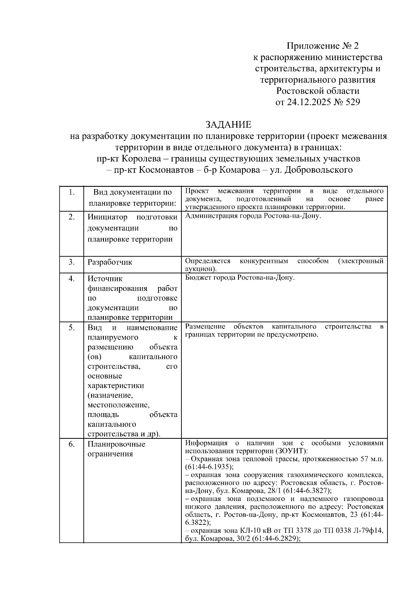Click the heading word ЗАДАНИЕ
pyautogui.click(x=228, y=125)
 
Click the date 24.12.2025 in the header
pyautogui.click(x=311, y=102)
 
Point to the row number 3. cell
pyautogui.click(x=72, y=262)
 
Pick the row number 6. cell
pyautogui.click(x=72, y=444)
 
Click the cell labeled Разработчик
pyautogui.click(x=110, y=262)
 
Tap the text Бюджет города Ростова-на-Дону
pyautogui.click(x=240, y=278)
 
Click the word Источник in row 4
pyautogui.click(x=105, y=279)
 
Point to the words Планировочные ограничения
pyautogui.click(x=116, y=449)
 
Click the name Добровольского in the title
pyautogui.click(x=318, y=170)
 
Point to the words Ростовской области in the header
pyautogui.click(x=318, y=91)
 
